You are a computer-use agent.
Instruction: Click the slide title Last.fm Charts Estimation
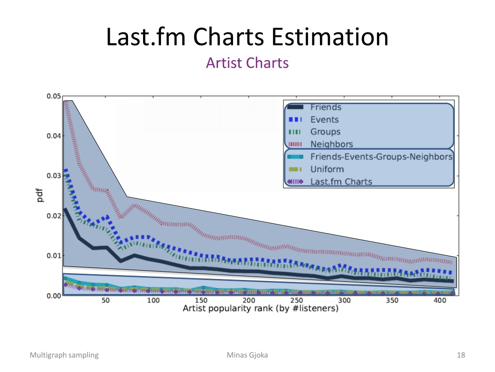(247, 37)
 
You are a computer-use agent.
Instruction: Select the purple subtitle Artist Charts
(247, 62)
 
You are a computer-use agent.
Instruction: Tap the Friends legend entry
(325, 107)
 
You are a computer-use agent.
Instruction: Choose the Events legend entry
(324, 120)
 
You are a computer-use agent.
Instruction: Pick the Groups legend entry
(325, 132)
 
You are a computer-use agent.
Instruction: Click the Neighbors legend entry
(332, 144)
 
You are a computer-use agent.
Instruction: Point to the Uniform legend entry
(327, 169)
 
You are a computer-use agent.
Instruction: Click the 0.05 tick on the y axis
(54, 96)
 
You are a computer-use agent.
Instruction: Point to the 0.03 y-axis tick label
(54, 176)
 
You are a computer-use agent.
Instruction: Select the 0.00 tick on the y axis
(54, 296)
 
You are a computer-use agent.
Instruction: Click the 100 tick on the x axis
(153, 300)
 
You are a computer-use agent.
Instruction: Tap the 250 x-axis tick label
(296, 300)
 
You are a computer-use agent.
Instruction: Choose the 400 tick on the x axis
(440, 300)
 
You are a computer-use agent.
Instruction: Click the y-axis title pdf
(40, 195)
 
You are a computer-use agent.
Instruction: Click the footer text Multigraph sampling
(64, 355)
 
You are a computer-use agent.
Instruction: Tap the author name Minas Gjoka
(247, 355)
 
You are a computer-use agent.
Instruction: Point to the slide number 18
(461, 355)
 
